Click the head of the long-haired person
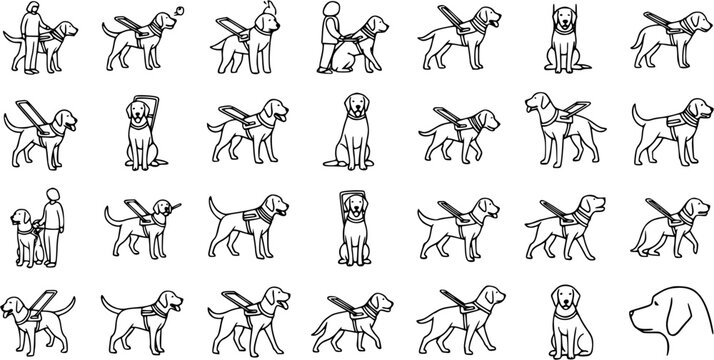tap(34, 10)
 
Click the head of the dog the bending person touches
tap(371, 24)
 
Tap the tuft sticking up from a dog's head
tap(267, 7)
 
